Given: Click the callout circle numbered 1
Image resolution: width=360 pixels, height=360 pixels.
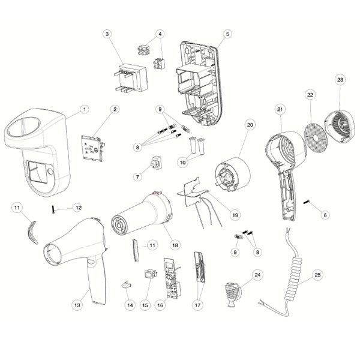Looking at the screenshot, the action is coord(85,109).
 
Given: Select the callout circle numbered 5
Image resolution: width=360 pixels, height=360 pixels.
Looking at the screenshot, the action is coord(227,34).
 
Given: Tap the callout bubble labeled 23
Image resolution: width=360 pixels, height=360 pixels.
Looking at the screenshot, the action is coord(340,80).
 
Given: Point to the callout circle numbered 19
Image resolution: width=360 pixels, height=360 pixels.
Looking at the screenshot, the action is coord(235,215).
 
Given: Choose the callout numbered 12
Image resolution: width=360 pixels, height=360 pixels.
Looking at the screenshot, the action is coord(79,208).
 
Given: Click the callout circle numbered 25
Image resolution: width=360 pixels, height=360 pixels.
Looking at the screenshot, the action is coord(317,275).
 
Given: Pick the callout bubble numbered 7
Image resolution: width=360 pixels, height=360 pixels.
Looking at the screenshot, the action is coord(137,177).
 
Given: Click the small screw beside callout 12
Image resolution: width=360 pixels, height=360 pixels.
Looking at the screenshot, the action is coord(53,209).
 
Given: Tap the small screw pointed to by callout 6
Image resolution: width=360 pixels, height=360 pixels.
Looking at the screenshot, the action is coord(306,202).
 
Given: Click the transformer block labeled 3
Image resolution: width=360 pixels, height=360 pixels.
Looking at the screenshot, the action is coord(131,78).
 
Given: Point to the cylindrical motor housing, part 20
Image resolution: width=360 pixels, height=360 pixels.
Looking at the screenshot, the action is coord(232,174).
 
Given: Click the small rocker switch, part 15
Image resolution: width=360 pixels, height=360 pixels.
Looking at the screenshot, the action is coord(151,274).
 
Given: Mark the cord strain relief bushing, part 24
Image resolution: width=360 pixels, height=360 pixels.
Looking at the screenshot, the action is coord(232,295).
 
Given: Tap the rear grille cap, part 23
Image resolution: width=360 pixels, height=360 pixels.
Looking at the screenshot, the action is coord(338,127).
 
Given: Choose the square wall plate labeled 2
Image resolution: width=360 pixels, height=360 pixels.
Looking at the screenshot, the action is coord(93,148).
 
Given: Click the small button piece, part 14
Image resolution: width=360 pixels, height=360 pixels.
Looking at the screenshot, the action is coord(126,285).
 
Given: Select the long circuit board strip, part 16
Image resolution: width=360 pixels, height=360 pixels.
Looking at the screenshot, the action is coord(172,278).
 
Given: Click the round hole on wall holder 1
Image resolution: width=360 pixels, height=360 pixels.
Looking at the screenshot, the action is coord(50,171).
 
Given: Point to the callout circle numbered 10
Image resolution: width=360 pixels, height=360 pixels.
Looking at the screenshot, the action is coord(182,163).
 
